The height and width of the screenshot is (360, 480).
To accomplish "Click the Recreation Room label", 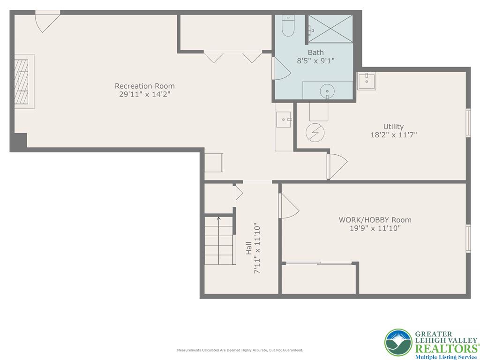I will (145, 86).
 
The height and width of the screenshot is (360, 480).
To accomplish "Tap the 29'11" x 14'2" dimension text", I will (145, 94).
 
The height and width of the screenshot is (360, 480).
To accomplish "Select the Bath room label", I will (315, 52).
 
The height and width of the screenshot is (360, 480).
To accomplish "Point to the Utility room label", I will (393, 127).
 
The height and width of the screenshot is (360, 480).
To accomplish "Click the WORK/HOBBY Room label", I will (375, 220).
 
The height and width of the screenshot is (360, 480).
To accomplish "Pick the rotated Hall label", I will (248, 248).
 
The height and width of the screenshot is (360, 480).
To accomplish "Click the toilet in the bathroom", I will (288, 27).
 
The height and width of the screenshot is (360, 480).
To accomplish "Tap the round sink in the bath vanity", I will (327, 91).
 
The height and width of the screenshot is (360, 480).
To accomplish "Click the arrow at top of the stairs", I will (218, 218).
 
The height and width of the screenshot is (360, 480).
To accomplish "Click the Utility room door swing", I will (337, 165).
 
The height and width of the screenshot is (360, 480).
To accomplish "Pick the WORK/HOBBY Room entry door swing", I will (288, 206).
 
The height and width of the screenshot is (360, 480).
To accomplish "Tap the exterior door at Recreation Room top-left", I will (47, 21).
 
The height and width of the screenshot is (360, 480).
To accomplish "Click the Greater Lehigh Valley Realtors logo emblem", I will (398, 343).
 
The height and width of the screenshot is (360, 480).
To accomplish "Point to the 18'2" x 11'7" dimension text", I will (393, 135).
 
